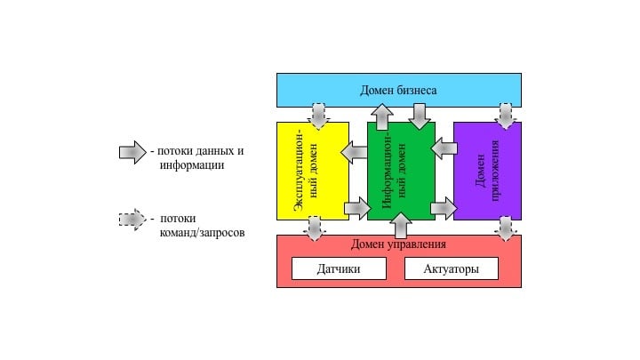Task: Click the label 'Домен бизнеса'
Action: (x=398, y=90)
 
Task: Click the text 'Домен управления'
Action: (x=398, y=244)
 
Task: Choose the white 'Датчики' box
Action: (x=339, y=268)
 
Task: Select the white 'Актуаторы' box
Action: (x=452, y=268)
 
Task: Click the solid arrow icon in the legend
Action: (x=132, y=152)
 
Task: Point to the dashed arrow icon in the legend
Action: (x=132, y=219)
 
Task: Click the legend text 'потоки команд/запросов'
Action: (x=201, y=225)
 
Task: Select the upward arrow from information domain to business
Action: (x=382, y=116)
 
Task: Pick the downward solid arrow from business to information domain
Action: (x=419, y=116)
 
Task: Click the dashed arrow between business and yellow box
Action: (x=317, y=116)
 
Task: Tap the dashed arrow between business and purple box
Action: (x=505, y=116)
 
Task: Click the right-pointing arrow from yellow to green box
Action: (x=357, y=209)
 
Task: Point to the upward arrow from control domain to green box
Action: (x=401, y=226)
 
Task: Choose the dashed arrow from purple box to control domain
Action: (x=505, y=229)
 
